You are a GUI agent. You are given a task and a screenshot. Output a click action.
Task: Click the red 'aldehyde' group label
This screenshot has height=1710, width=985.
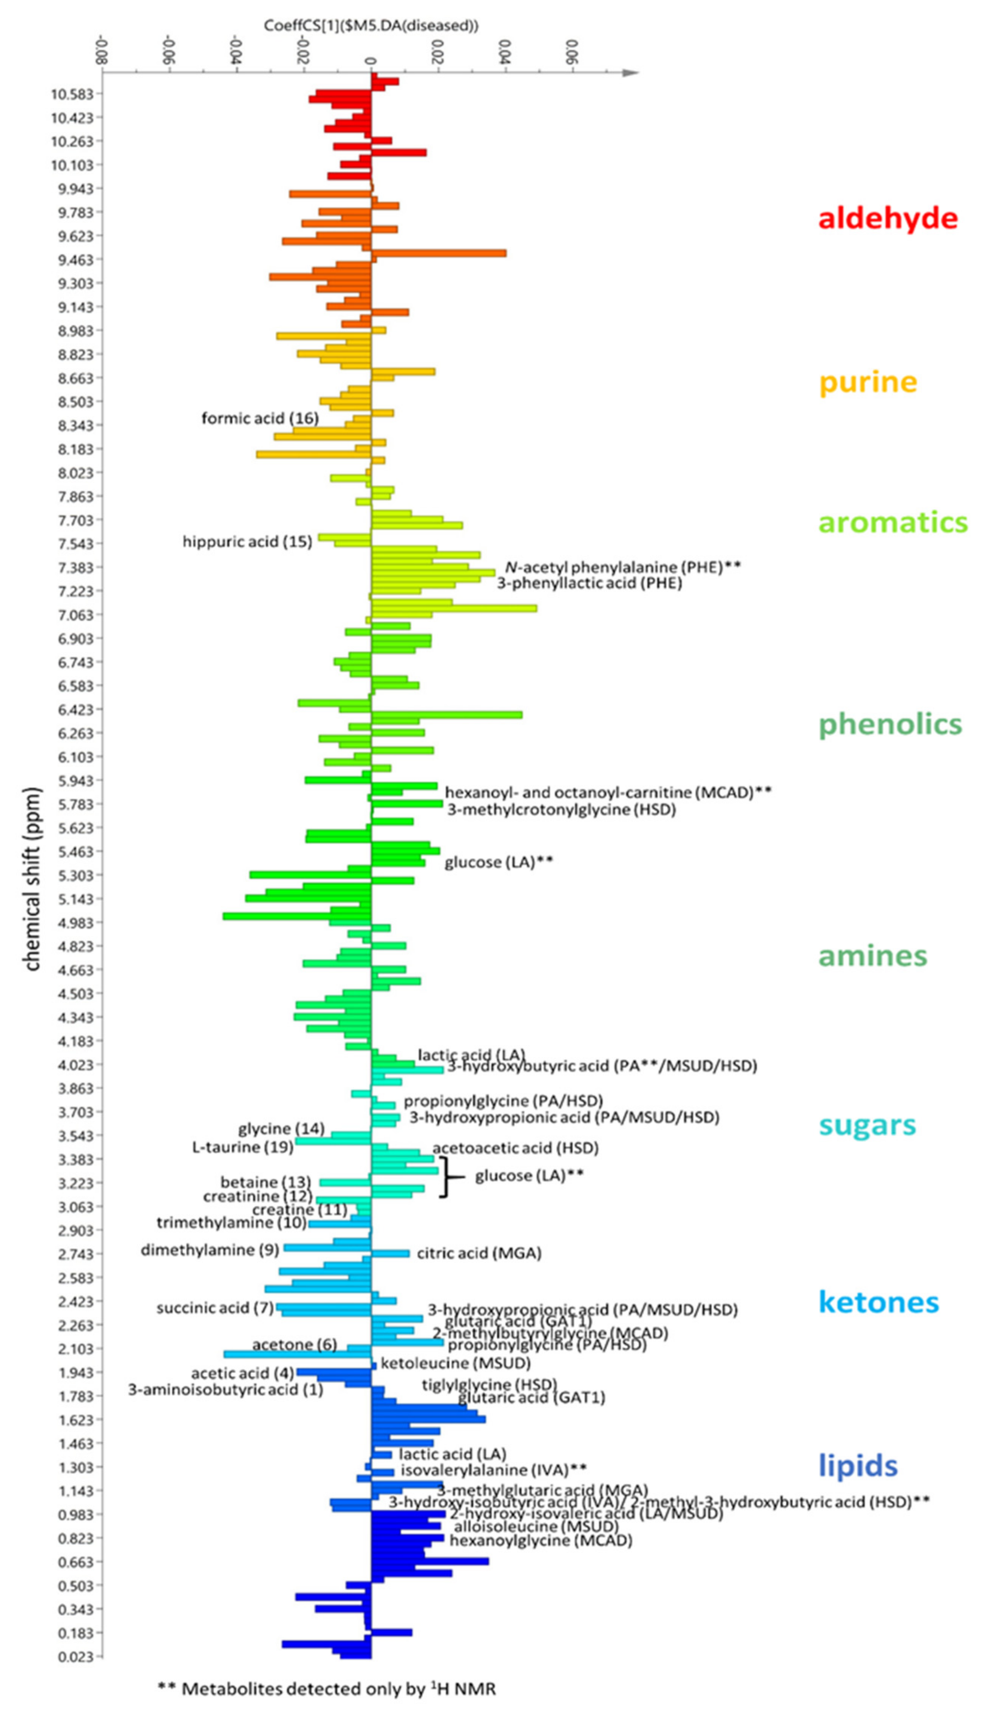888,219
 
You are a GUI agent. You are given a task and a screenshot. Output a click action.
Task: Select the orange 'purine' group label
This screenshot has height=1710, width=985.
868,382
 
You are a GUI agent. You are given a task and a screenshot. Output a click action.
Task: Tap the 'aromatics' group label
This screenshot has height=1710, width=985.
892,523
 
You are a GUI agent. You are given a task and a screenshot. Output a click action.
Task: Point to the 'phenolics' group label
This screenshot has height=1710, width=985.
889,724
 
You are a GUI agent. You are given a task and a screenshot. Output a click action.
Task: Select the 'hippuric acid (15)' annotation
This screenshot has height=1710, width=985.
247,541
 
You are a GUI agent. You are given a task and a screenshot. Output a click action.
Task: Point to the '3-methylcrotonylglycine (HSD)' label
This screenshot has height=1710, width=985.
561,809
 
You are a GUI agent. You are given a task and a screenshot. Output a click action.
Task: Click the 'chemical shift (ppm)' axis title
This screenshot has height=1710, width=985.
32,880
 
